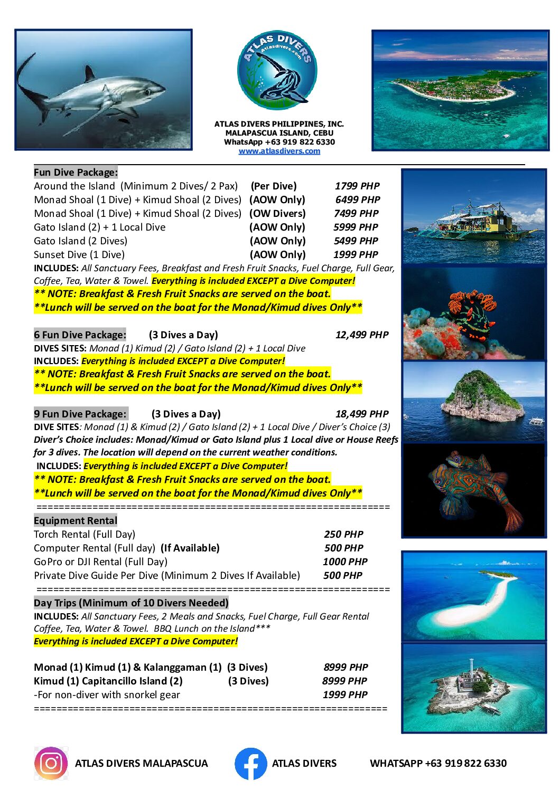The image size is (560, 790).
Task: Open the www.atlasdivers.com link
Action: (x=279, y=151)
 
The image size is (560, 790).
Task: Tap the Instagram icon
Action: (x=51, y=763)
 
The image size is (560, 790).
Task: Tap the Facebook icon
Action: (x=250, y=763)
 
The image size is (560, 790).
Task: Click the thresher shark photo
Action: (x=104, y=90)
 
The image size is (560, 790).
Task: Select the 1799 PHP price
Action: (x=357, y=186)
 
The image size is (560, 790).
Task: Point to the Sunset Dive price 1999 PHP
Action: (x=356, y=254)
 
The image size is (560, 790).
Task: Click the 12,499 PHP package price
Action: (x=362, y=335)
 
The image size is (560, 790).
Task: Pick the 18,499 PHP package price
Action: (x=362, y=414)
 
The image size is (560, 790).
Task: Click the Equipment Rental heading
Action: (x=76, y=520)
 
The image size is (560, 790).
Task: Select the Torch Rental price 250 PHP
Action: (x=343, y=534)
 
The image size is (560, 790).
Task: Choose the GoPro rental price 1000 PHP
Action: (x=345, y=561)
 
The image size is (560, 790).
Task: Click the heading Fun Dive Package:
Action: (x=76, y=172)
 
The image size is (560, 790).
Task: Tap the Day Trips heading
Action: (x=131, y=603)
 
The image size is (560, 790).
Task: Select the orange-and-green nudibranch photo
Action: (x=474, y=313)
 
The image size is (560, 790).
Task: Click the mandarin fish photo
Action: (x=474, y=490)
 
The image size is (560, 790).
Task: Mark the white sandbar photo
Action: (x=474, y=596)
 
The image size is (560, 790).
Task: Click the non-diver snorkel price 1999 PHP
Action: (x=345, y=694)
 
